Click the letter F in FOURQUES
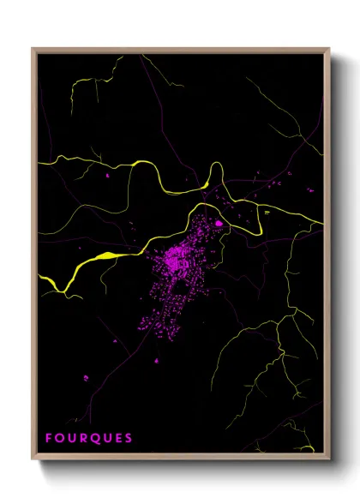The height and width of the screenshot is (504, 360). [x=50, y=438]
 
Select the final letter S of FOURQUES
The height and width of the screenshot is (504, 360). [x=129, y=438]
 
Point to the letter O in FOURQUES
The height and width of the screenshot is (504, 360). [x=60, y=438]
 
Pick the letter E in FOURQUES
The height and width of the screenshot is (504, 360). [x=118, y=438]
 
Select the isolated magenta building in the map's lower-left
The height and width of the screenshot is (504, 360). [x=86, y=377]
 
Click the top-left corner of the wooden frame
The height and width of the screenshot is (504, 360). [x=33, y=49]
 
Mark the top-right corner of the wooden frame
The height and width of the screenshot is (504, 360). [x=329, y=49]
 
